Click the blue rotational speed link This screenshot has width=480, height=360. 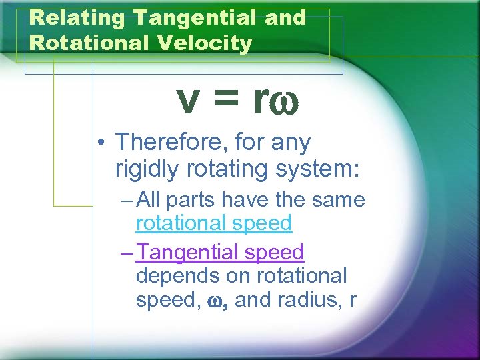214,223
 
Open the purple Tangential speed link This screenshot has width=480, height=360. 220,253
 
